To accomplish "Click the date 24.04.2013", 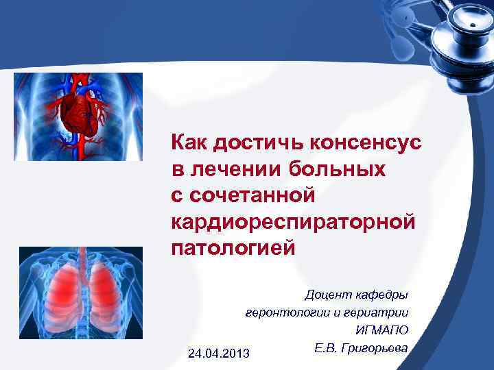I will (218, 353).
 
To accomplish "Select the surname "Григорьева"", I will (375, 348).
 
